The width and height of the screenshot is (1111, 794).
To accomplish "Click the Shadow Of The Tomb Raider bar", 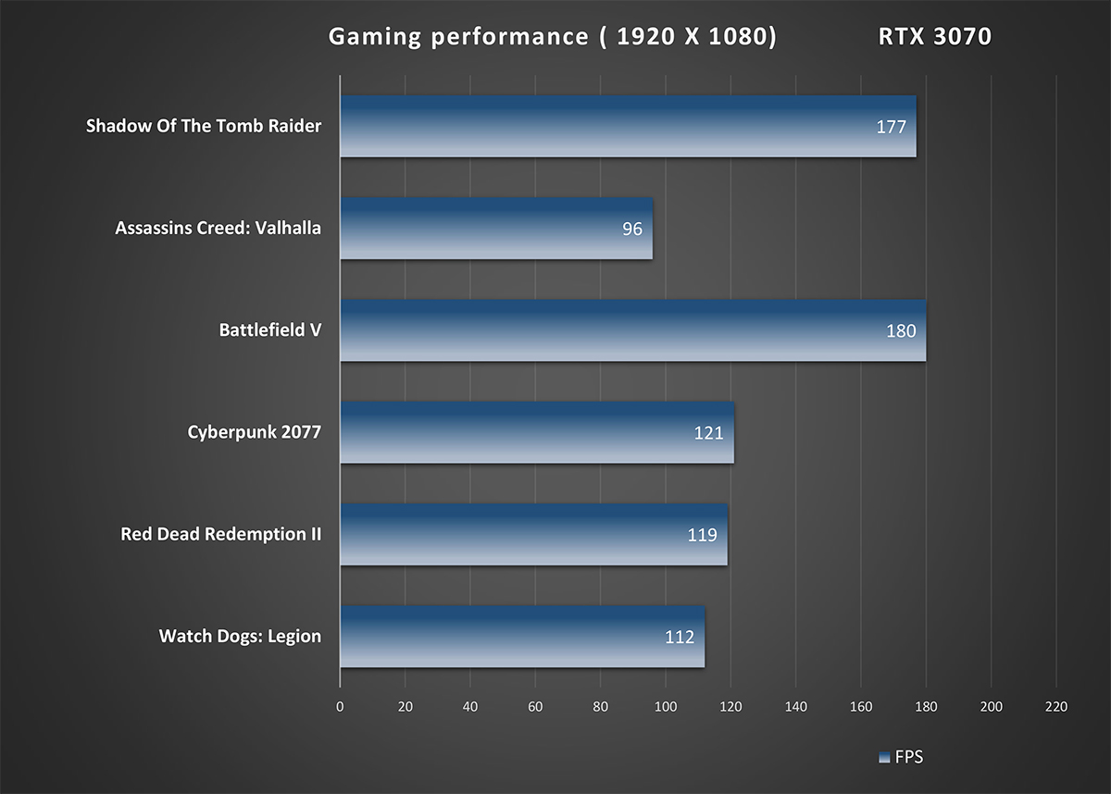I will click(x=628, y=126).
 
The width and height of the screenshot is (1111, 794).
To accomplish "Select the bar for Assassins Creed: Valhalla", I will click(x=496, y=228).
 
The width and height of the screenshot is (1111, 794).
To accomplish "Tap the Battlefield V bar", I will click(x=632, y=329).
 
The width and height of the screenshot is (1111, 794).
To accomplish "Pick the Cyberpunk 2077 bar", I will click(x=537, y=431).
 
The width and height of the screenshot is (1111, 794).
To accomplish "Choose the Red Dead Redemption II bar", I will click(x=533, y=534).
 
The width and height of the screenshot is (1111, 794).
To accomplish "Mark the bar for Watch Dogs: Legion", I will click(x=522, y=636).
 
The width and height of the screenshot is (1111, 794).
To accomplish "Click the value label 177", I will click(x=891, y=127).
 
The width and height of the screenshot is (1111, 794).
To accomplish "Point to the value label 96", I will click(x=632, y=229).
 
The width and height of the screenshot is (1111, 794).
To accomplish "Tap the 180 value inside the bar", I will click(x=900, y=330).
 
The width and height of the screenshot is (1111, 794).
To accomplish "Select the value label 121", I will click(x=708, y=432).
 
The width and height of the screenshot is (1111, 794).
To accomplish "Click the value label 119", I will click(x=702, y=534).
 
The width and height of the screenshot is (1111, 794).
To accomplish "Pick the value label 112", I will click(x=680, y=637).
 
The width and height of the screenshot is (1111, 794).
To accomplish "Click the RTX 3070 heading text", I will click(x=934, y=37).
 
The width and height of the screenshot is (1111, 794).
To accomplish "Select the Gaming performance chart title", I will click(x=552, y=37).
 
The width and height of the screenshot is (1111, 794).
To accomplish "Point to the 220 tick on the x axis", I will click(x=1055, y=707).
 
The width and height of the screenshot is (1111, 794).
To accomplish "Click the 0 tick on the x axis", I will click(x=340, y=707).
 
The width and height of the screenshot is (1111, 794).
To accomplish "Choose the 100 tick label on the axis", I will click(x=665, y=707).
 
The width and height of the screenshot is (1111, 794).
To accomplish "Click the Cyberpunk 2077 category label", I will click(x=254, y=431).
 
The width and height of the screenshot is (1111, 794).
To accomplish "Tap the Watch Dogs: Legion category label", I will click(x=240, y=636).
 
